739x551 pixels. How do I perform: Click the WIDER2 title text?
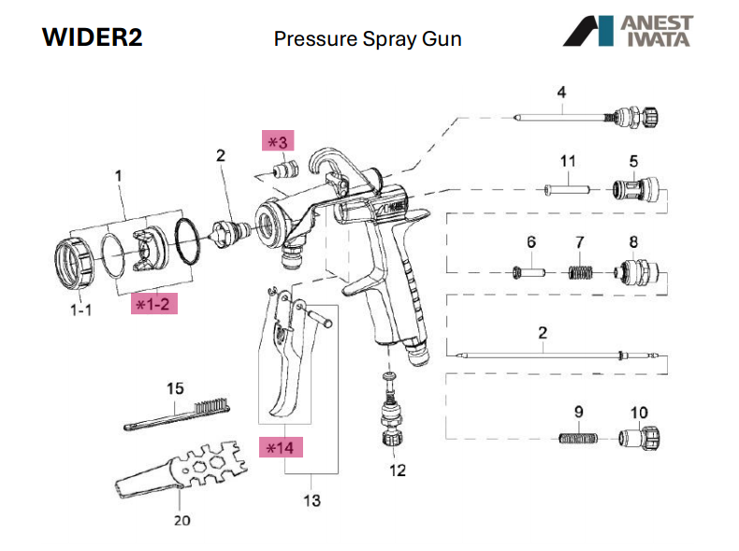point(92,39)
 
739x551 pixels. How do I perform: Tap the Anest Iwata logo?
point(628,31)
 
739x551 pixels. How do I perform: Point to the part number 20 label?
point(181,520)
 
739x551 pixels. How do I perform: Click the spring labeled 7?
point(583,273)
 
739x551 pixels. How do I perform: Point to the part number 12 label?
point(398,470)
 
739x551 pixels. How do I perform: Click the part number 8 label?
point(633,242)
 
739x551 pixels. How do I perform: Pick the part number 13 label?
point(312,500)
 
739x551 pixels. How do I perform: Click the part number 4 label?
point(561,92)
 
